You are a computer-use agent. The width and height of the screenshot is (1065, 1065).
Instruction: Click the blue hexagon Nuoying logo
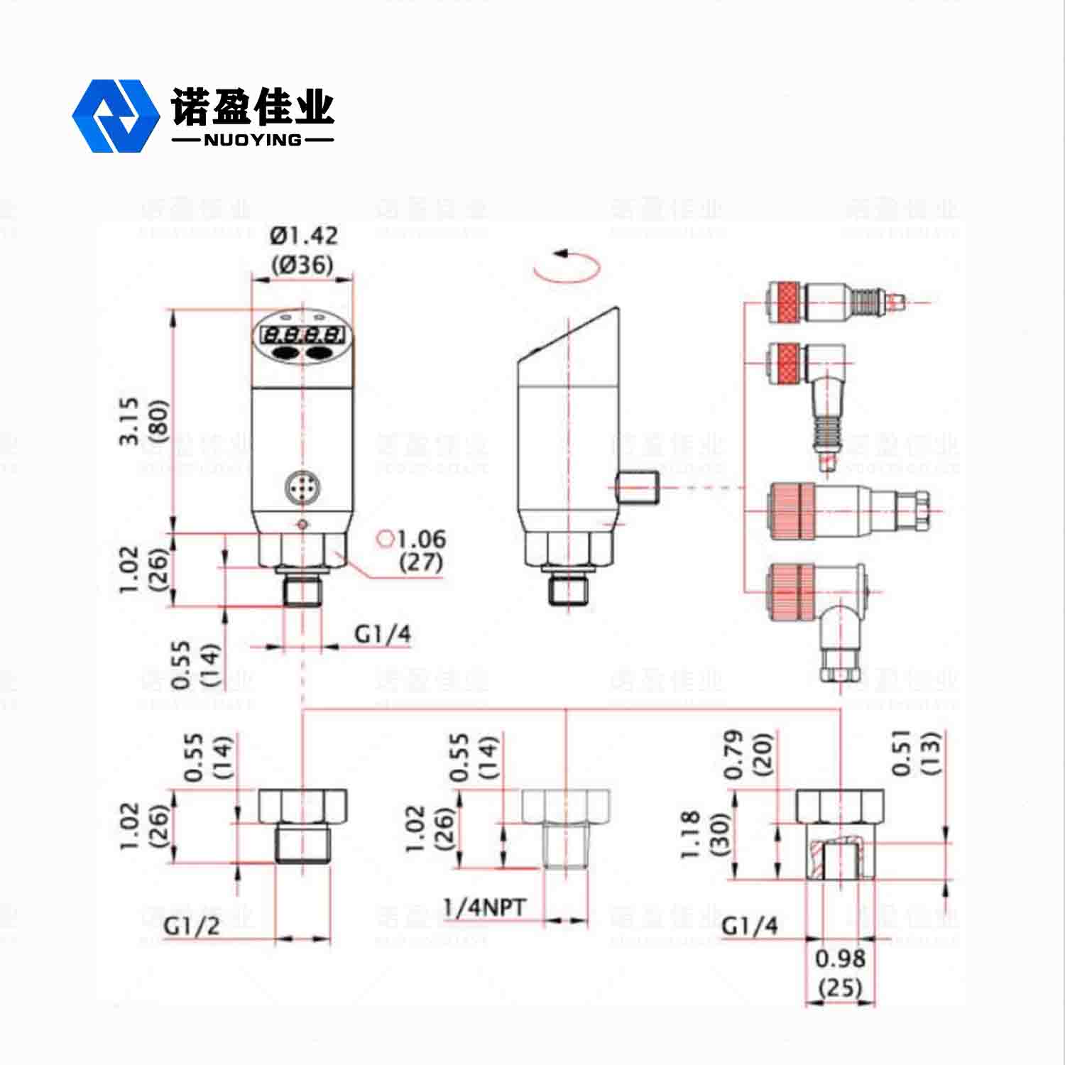[115, 116]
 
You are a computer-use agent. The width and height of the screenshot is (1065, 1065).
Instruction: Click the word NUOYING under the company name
[252, 140]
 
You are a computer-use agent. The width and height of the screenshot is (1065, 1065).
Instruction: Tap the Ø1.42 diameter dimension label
[304, 235]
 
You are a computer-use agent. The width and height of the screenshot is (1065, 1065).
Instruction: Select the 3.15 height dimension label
[129, 421]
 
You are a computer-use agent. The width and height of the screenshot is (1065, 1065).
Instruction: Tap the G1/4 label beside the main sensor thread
[383, 633]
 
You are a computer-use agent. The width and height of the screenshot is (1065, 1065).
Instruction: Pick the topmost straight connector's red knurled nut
[785, 301]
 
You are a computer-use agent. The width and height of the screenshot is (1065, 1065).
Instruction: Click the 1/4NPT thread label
[484, 907]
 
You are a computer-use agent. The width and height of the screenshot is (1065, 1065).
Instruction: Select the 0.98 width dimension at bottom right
[840, 958]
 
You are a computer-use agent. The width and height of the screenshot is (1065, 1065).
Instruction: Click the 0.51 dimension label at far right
[902, 753]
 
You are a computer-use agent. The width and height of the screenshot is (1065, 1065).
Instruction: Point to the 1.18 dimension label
[692, 835]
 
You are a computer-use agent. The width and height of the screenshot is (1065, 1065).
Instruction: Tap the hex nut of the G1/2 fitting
[302, 806]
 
